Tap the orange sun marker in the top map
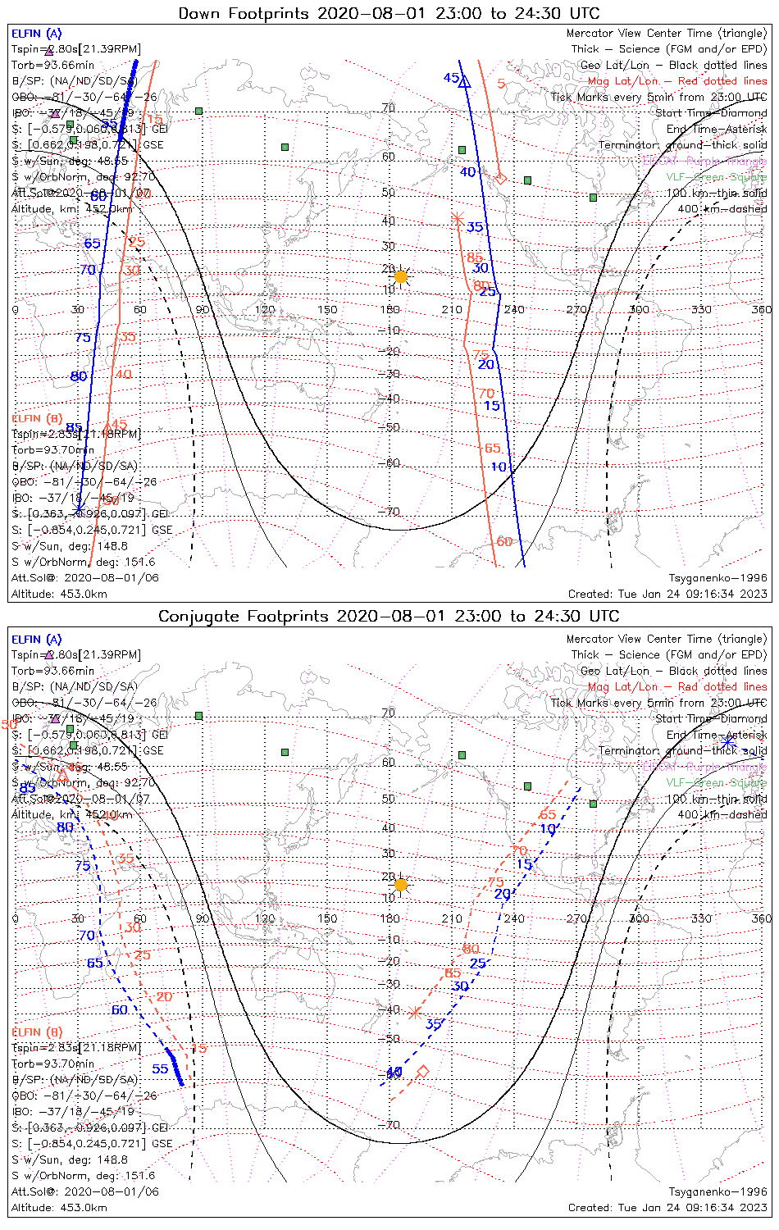point(401,277)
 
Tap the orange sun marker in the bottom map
point(401,885)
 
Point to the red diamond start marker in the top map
point(501,178)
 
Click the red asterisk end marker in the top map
point(458,218)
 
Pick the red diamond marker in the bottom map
point(423,1072)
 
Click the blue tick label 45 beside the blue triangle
point(451,78)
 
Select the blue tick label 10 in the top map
point(499,467)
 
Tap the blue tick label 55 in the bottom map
point(160,1068)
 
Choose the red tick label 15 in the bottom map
point(198,1049)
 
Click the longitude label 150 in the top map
point(327,310)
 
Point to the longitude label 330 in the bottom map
point(701,918)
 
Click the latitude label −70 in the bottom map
point(392,1125)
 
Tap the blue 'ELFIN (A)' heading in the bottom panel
point(37,640)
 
